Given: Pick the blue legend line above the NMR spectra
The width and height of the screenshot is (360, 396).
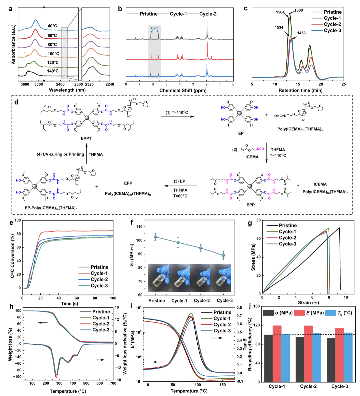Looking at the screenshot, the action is pos(193,14).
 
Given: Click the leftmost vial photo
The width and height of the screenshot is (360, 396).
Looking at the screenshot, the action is pos(158,277).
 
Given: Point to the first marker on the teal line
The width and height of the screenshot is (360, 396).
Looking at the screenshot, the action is pos(155,237).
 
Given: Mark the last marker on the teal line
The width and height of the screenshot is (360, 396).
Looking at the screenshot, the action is pos(223,255).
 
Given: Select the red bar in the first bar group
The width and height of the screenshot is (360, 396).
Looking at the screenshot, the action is pos(277,353).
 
